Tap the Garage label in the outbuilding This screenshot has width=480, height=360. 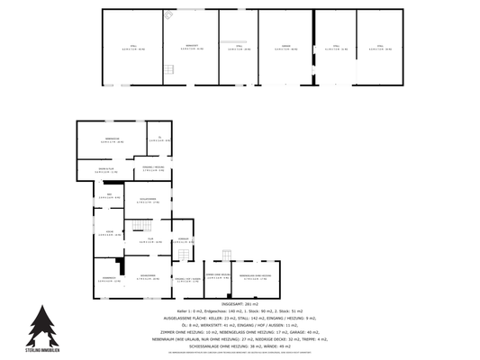[286, 47]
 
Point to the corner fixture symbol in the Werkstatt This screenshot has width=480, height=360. [168, 15]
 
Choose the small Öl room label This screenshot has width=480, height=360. [158, 139]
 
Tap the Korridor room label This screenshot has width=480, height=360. [184, 240]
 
